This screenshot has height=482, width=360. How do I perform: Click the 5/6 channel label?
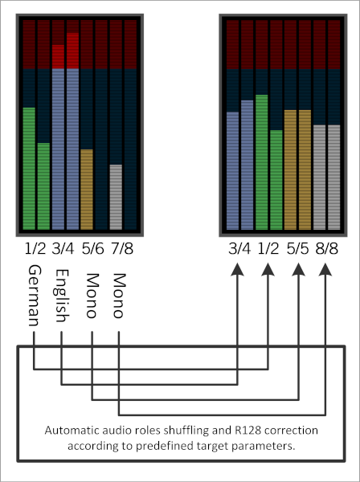(93, 248)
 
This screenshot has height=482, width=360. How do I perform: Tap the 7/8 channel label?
(122, 248)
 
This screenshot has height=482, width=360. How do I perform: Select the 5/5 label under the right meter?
(297, 248)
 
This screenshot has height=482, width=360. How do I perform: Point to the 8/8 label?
(326, 248)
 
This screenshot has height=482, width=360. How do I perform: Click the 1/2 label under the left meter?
(35, 248)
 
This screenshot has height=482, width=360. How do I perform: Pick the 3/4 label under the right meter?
(239, 248)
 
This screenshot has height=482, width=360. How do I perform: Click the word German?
(35, 296)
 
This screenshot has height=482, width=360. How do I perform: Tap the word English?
(62, 296)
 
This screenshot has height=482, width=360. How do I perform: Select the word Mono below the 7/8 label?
(119, 296)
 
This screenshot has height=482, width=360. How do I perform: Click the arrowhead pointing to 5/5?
(298, 270)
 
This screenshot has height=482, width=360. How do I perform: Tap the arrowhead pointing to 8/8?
(325, 270)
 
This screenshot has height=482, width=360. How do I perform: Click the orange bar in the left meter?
(87, 190)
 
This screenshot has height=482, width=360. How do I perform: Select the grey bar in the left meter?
(116, 197)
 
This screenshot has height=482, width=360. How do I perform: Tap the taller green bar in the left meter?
(29, 169)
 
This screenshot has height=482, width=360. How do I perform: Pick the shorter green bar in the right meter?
(276, 180)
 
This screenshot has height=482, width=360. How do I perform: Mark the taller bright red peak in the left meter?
(73, 51)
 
